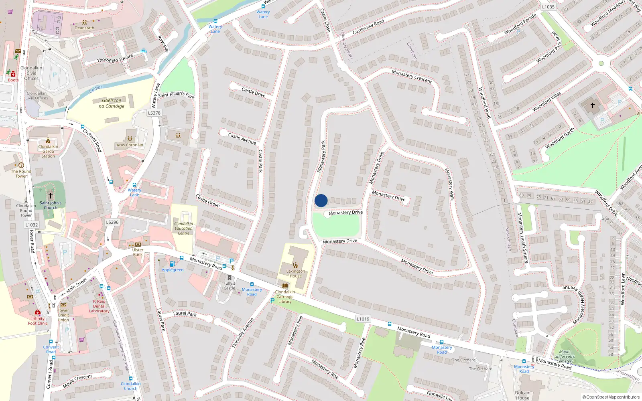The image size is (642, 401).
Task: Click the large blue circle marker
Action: click(321, 200)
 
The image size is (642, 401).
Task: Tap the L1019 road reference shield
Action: click(363, 319)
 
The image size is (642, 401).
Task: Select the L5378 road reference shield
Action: click(154, 113)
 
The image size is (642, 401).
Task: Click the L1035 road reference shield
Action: click(548, 7)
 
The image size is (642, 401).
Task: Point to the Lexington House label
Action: click(296, 273)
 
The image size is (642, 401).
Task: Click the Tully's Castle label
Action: click(229, 286)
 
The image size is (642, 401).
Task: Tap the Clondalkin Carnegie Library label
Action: click(285, 297)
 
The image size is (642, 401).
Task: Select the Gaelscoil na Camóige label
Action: click(112, 103)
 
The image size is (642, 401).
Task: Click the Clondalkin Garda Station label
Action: click(48, 151)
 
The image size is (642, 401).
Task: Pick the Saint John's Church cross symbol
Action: click(51, 196)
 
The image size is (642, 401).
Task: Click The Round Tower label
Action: click(21, 174)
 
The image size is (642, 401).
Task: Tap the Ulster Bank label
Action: click(138, 252)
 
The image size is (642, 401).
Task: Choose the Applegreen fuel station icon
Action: click(172, 264)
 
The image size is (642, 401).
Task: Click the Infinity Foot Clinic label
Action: click(38, 321)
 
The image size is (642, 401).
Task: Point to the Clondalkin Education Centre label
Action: click(183, 229)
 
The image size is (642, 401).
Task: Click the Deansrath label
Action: click(84, 28)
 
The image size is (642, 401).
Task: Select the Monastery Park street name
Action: click(321, 156)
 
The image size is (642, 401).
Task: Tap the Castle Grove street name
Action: click(207, 200)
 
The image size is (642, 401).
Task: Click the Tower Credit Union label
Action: click(63, 315)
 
